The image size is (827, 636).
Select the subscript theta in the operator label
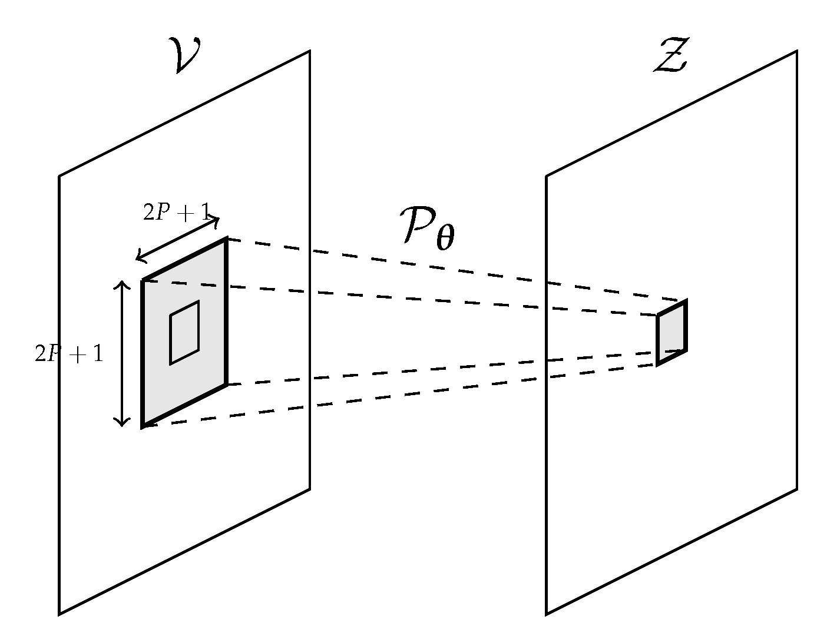(x=445, y=240)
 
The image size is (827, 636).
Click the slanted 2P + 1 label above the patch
(x=176, y=213)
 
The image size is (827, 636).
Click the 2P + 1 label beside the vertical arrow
(x=69, y=354)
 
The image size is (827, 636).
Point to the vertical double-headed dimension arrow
(x=122, y=353)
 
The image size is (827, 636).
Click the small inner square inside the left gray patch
(x=184, y=332)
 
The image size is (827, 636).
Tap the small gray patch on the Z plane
(x=671, y=333)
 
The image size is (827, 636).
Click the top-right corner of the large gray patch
(x=226, y=239)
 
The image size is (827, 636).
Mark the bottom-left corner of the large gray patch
(x=143, y=426)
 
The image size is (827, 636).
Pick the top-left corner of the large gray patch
(x=143, y=280)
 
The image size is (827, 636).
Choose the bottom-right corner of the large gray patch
(x=226, y=385)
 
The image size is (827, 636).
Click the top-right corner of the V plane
(x=310, y=51)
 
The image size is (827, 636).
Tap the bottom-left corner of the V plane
(x=59, y=614)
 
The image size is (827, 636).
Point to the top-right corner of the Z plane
(x=797, y=51)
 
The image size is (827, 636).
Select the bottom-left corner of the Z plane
(x=546, y=614)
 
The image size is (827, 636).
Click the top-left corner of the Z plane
(x=546, y=175)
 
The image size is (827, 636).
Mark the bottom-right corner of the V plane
(x=310, y=489)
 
